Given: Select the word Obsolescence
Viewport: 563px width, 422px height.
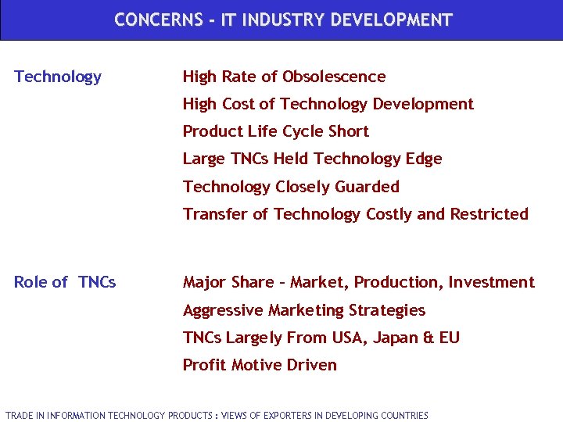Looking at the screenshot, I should pyautogui.click(x=334, y=77).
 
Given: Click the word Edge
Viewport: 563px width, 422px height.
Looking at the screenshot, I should pyautogui.click(x=425, y=159).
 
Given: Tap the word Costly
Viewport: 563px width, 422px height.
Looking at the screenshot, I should pyautogui.click(x=389, y=214).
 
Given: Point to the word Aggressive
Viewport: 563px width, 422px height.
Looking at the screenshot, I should pyautogui.click(x=223, y=310).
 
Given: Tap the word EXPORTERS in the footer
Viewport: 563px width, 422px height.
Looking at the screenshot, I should pyautogui.click(x=289, y=416).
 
